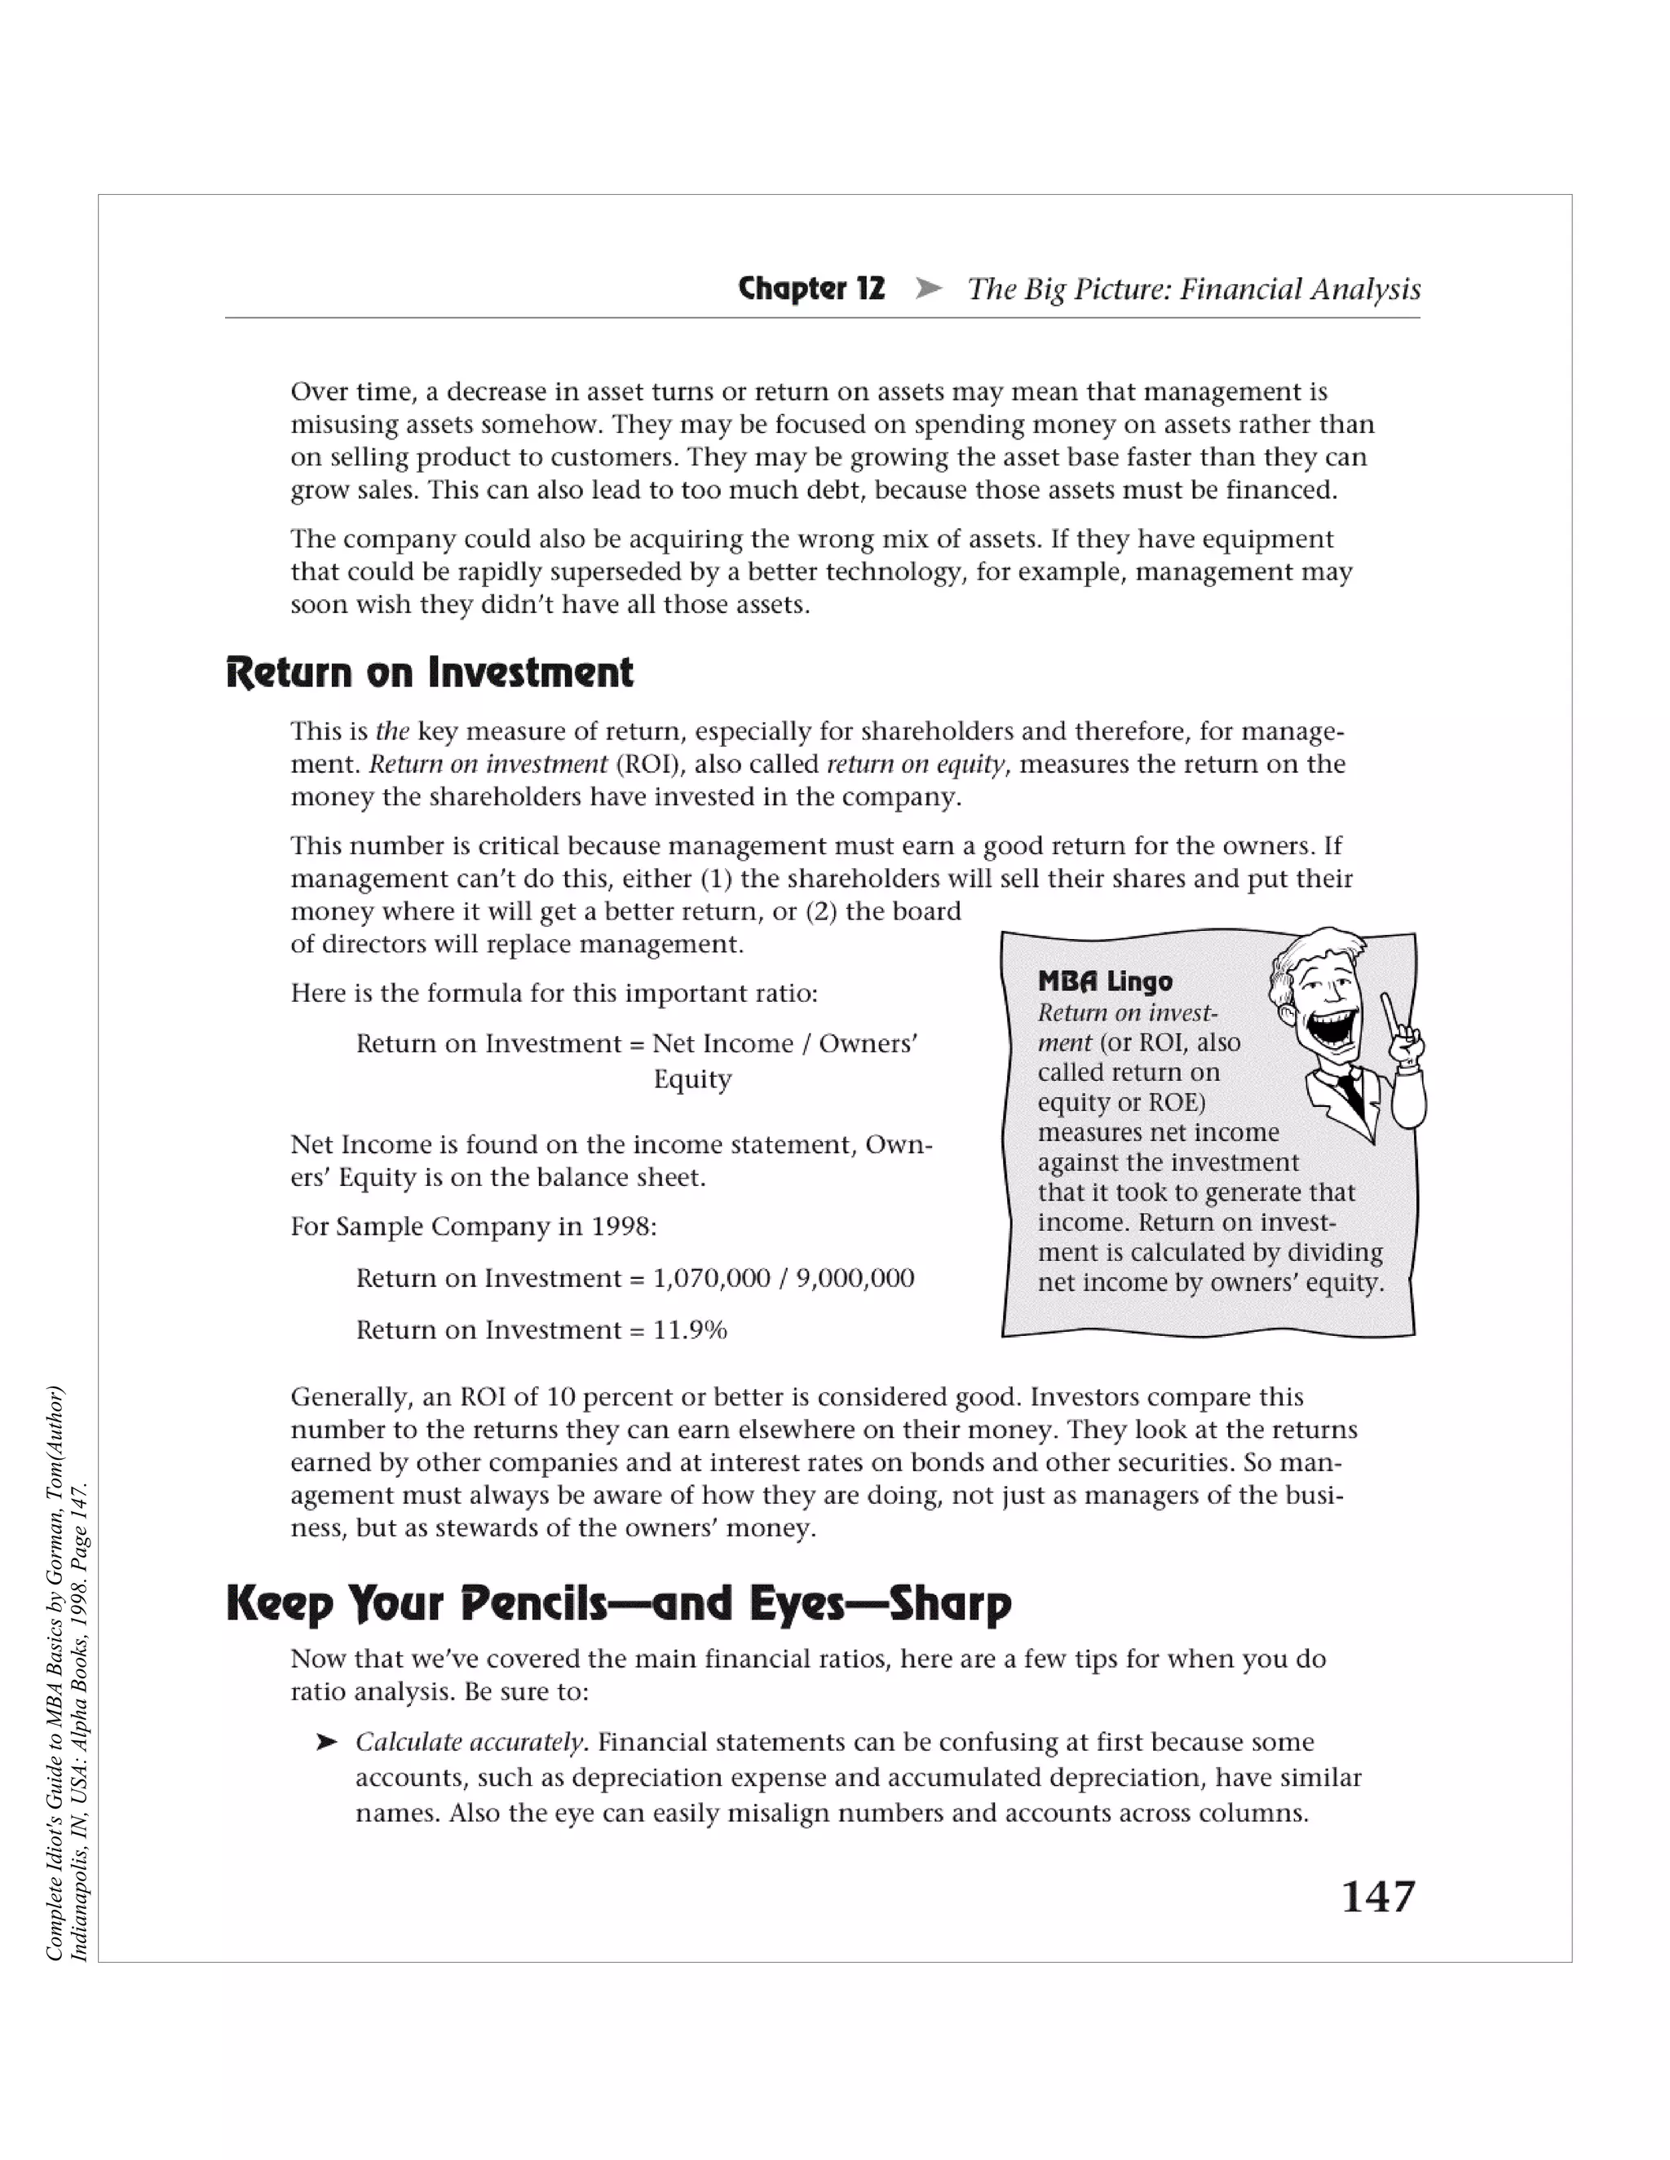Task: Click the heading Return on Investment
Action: (430, 672)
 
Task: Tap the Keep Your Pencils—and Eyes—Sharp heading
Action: (618, 1603)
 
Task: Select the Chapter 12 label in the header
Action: (811, 289)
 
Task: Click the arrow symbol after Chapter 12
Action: (928, 289)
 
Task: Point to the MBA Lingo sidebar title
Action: (1105, 981)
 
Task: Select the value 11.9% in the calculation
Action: (690, 1330)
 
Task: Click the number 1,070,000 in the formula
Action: (711, 1279)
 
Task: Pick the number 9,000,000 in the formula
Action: (855, 1279)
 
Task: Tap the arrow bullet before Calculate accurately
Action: (326, 1743)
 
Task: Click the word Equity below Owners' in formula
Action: (691, 1079)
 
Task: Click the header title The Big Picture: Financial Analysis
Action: (1193, 289)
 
